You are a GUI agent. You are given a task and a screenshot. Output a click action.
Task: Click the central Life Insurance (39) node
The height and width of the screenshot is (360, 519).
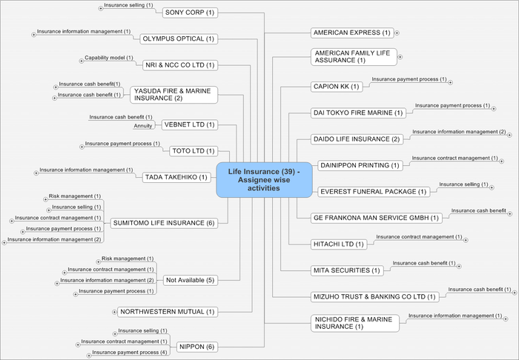pos(264,180)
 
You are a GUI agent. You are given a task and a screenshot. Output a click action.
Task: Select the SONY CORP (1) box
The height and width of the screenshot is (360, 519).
pos(189,13)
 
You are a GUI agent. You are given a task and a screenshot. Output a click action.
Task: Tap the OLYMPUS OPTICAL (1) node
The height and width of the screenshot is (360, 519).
pos(178,39)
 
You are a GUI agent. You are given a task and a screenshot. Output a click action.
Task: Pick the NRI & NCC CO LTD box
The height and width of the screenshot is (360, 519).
pos(179,65)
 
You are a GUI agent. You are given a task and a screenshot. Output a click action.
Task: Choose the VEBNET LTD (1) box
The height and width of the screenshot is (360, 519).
pos(189,124)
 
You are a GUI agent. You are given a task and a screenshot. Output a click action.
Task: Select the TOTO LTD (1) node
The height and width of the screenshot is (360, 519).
pos(192,151)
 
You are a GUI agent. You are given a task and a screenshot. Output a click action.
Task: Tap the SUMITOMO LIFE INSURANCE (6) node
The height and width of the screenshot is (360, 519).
pos(163,223)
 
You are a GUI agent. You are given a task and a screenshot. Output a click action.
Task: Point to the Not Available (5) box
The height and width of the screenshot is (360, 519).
pos(190,280)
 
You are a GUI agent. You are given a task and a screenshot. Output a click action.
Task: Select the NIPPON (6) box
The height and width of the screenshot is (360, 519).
pos(196,347)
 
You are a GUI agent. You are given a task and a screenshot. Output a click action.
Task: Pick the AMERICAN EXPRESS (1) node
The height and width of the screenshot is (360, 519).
pos(351,33)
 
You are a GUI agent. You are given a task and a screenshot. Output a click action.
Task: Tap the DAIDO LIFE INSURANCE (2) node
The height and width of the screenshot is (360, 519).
pos(358,139)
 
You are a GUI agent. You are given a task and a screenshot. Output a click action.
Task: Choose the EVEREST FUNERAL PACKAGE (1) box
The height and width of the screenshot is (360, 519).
pos(374,192)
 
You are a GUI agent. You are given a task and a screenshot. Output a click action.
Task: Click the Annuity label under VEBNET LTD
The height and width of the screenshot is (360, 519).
pos(143,126)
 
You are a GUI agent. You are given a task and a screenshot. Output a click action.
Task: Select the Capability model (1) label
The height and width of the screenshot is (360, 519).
pos(109,57)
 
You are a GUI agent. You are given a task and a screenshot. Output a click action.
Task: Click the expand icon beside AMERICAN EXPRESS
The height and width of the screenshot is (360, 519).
pos(397,33)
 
